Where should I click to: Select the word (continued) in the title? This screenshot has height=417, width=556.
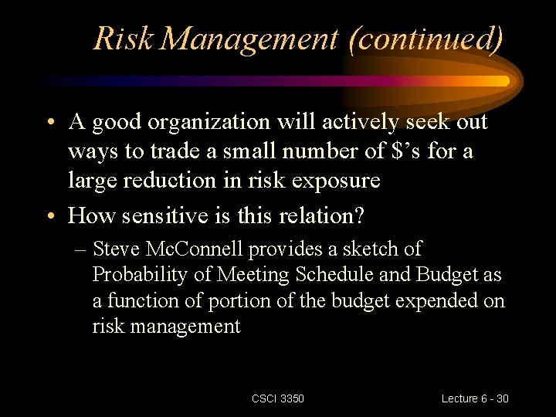[x=425, y=38]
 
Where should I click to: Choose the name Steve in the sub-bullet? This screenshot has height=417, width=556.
[x=114, y=249]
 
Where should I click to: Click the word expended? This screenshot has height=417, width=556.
[x=431, y=300]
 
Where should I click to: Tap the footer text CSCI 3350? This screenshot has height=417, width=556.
[x=278, y=398]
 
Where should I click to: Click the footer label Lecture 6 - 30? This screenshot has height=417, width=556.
[x=474, y=398]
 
